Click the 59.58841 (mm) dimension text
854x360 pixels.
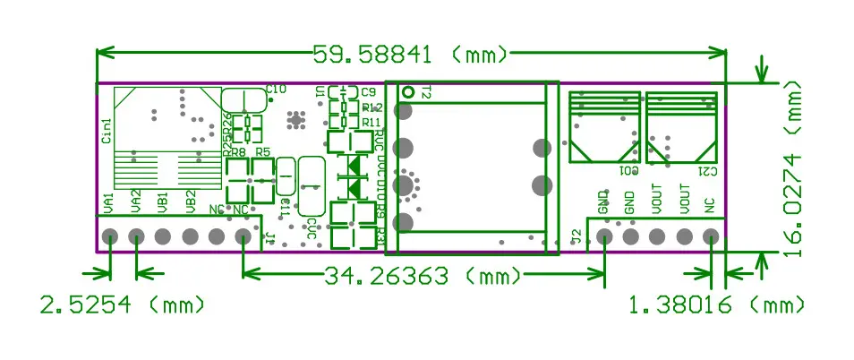410,55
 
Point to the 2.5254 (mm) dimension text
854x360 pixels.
123,304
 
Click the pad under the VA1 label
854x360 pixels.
109,237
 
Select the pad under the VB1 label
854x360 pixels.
163,237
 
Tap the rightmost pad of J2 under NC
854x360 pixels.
711,237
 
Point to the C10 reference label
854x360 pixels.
276,89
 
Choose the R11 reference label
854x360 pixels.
371,122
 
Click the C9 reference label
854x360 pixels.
368,91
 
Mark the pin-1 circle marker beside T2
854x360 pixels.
408,91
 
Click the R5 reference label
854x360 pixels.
262,153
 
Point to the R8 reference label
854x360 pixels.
239,153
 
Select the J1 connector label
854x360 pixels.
269,236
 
